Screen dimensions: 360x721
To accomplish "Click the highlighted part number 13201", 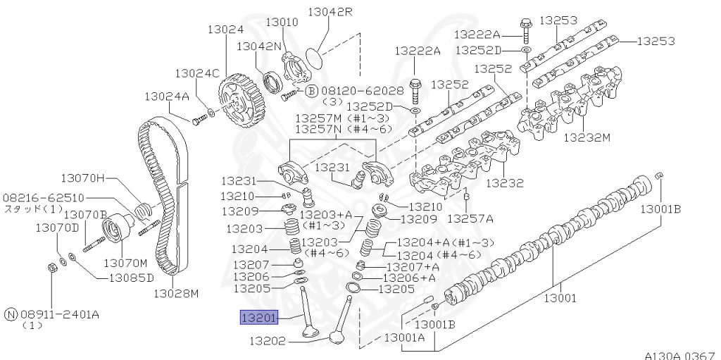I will pyautogui.click(x=260, y=318).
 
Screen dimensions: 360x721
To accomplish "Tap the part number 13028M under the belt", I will pyautogui.click(x=176, y=293).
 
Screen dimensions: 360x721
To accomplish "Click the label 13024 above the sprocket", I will pyautogui.click(x=225, y=30).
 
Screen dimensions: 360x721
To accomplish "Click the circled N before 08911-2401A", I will pyautogui.click(x=11, y=314).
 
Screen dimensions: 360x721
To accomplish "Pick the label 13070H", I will pyautogui.click(x=82, y=178).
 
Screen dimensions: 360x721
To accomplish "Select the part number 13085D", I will pyautogui.click(x=130, y=278).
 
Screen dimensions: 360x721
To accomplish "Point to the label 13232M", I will pyautogui.click(x=587, y=137).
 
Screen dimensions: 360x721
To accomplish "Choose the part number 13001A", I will pyautogui.click(x=404, y=339).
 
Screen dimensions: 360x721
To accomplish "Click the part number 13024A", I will pyautogui.click(x=167, y=96).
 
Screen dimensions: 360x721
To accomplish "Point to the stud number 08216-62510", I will pyautogui.click(x=43, y=198).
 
